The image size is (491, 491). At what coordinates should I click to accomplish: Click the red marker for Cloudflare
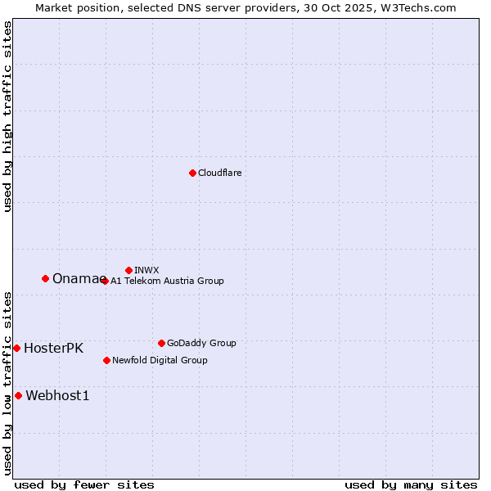(x=192, y=173)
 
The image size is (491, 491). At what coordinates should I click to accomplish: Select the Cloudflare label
(x=220, y=173)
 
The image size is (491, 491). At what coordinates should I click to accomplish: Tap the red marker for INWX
(x=128, y=270)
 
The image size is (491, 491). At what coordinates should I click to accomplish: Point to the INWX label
(x=146, y=270)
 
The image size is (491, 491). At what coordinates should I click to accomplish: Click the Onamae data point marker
(x=45, y=278)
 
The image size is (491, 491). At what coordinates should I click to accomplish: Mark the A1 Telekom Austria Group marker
(x=104, y=281)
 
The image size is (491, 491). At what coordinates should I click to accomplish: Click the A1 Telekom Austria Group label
(x=167, y=281)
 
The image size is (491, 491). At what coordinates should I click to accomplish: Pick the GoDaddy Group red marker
(x=161, y=343)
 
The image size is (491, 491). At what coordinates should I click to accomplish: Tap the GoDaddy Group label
(x=201, y=343)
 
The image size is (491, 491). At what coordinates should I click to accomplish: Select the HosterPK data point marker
(x=16, y=348)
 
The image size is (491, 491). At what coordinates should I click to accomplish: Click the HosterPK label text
(x=53, y=348)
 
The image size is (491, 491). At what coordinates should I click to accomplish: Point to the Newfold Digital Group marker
(x=106, y=360)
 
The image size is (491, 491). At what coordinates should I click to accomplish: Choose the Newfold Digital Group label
(x=160, y=360)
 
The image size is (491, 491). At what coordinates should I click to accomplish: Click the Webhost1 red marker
(x=18, y=395)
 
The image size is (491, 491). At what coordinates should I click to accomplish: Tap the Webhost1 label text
(x=57, y=396)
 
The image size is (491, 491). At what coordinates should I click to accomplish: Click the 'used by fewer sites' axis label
(x=84, y=484)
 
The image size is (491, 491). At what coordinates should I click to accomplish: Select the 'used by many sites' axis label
(x=411, y=484)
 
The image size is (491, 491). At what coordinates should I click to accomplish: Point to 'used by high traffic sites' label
(x=7, y=116)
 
